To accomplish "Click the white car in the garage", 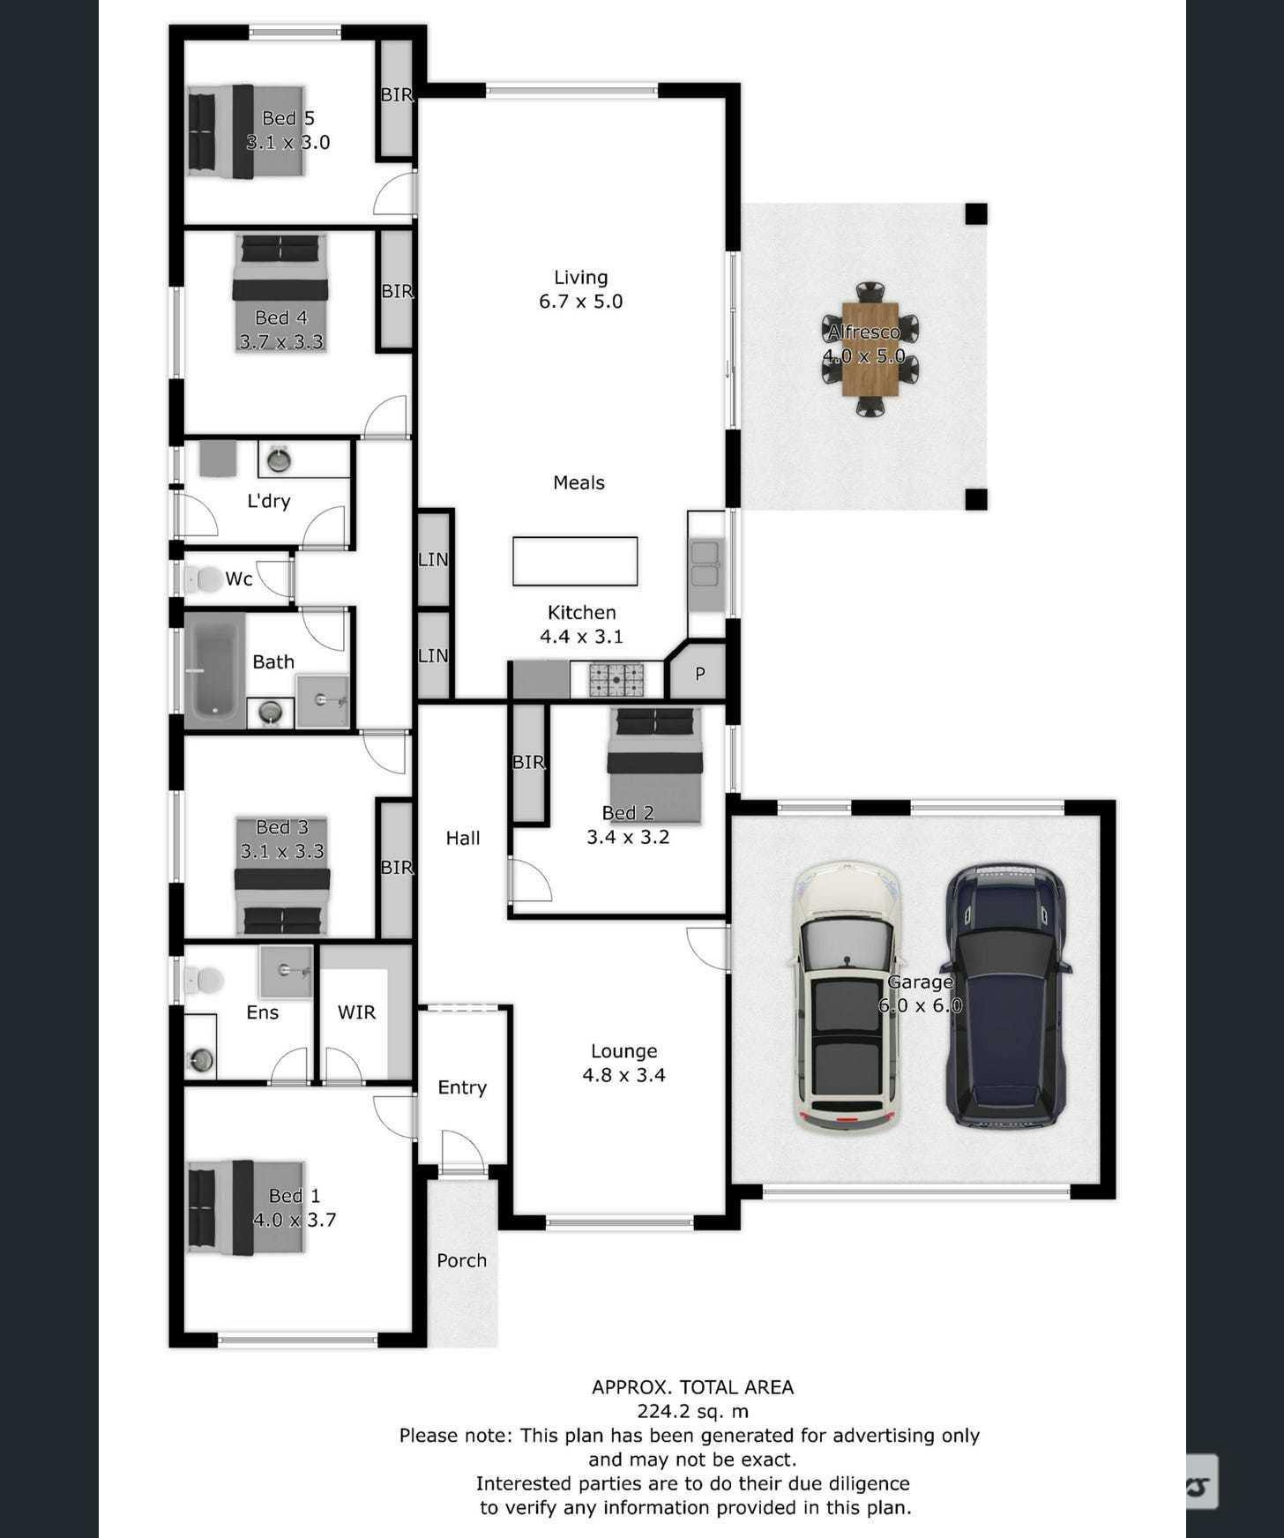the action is [847, 997].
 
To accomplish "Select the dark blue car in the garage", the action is [1006, 996].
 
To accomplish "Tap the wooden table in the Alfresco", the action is [870, 349].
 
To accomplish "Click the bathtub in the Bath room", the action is [214, 666].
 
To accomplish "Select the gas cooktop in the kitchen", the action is [616, 680].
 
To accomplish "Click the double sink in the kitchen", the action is [705, 564].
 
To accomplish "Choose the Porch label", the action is [461, 1260].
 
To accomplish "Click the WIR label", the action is [356, 1012].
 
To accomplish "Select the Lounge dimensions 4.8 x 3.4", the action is [623, 1075].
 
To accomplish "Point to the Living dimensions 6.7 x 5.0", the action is [580, 302].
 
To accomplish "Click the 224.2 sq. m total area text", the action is [692, 1411].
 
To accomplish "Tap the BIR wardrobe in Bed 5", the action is [396, 99].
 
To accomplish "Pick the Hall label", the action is [463, 838].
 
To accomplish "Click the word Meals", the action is [579, 482].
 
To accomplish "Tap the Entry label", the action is [462, 1088].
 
